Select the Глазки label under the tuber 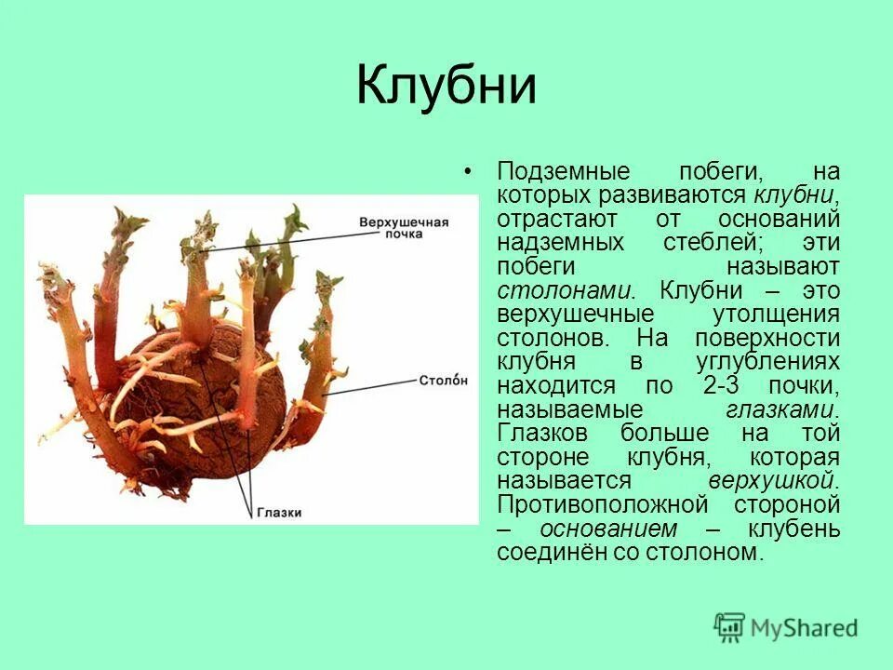(279, 513)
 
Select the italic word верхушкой (774, 482)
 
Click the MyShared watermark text (805, 628)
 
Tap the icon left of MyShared (730, 627)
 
